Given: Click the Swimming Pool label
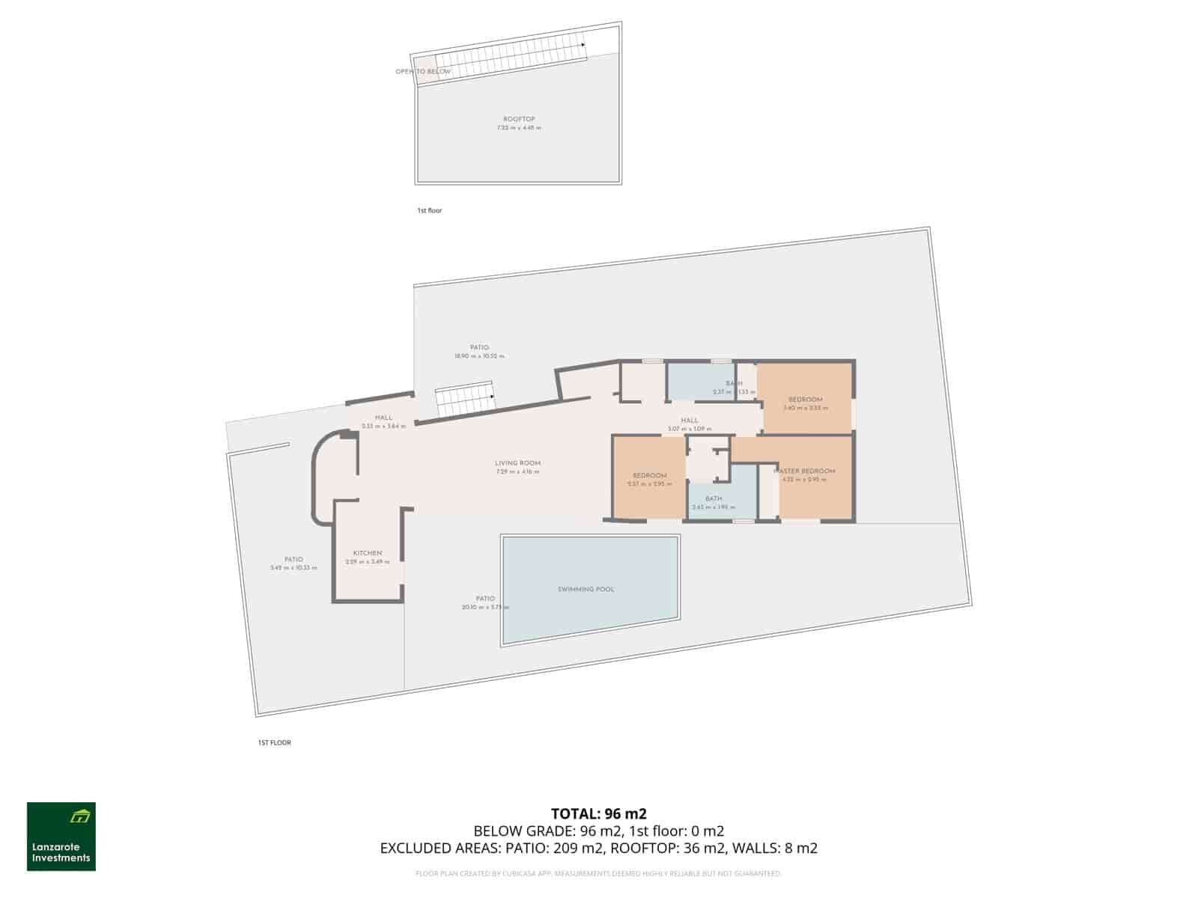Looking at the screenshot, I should click(x=586, y=589).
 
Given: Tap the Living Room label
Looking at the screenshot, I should click(x=517, y=463).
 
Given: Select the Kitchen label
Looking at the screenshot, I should click(x=368, y=553).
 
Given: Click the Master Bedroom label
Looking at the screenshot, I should click(x=805, y=471).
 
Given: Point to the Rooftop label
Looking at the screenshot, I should click(x=519, y=119).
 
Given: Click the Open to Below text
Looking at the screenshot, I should click(x=423, y=72).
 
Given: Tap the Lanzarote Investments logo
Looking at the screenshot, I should click(x=61, y=837).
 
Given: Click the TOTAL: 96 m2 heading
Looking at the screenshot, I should click(x=598, y=813).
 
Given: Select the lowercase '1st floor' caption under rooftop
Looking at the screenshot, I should click(x=430, y=211).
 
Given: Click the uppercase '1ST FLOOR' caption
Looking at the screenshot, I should click(x=274, y=742).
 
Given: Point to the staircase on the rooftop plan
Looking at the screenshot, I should click(x=509, y=60).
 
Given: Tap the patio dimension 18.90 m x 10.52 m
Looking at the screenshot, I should click(x=479, y=356).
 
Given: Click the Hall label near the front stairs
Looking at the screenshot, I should click(x=383, y=418).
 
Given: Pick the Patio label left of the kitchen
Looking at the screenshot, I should click(x=294, y=559).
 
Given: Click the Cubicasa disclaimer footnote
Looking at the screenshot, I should click(x=598, y=873).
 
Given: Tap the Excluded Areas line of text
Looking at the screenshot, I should click(x=598, y=848).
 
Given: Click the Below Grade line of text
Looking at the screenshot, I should click(x=598, y=831).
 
